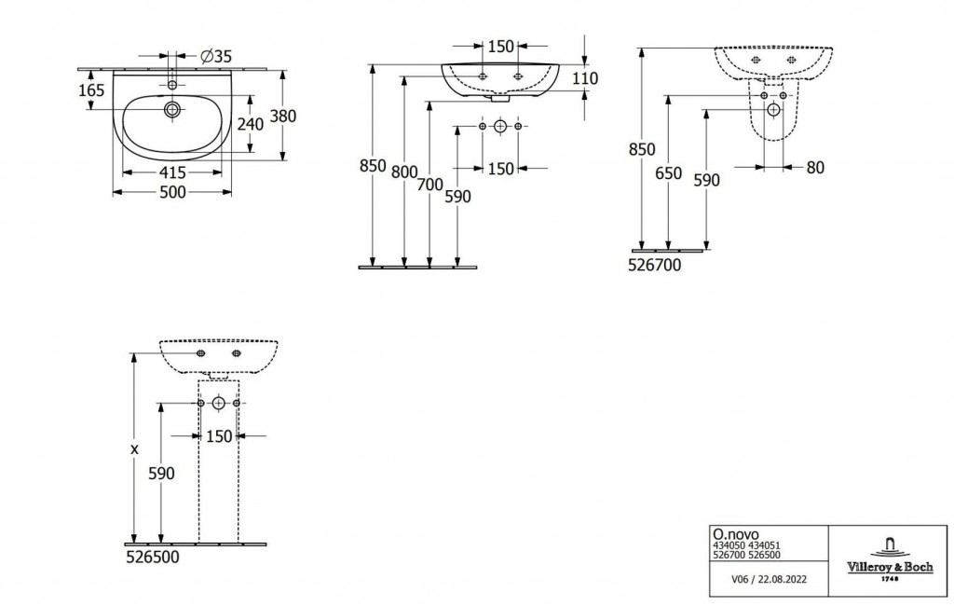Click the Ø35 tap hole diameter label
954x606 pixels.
[x=216, y=57]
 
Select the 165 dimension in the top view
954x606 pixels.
[x=92, y=90]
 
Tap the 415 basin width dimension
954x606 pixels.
[x=172, y=173]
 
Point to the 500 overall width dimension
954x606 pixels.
[x=172, y=192]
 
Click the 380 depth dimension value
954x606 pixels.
[x=283, y=116]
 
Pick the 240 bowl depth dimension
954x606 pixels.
[x=251, y=124]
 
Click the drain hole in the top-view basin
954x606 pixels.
[x=172, y=110]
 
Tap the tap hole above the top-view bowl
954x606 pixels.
[x=172, y=85]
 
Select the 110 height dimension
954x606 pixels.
[x=585, y=78]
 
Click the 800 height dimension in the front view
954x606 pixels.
[x=404, y=173]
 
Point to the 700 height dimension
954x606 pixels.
[x=430, y=185]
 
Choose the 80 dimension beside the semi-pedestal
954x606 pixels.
[x=815, y=168]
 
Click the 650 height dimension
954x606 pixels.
[x=669, y=173]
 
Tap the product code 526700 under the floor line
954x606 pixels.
[x=655, y=265]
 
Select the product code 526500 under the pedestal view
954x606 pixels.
[x=153, y=558]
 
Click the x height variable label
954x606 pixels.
[x=135, y=449]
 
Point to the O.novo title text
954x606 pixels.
[x=736, y=535]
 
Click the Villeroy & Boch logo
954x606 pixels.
[x=890, y=558]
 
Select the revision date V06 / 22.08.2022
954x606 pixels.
[x=769, y=579]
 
